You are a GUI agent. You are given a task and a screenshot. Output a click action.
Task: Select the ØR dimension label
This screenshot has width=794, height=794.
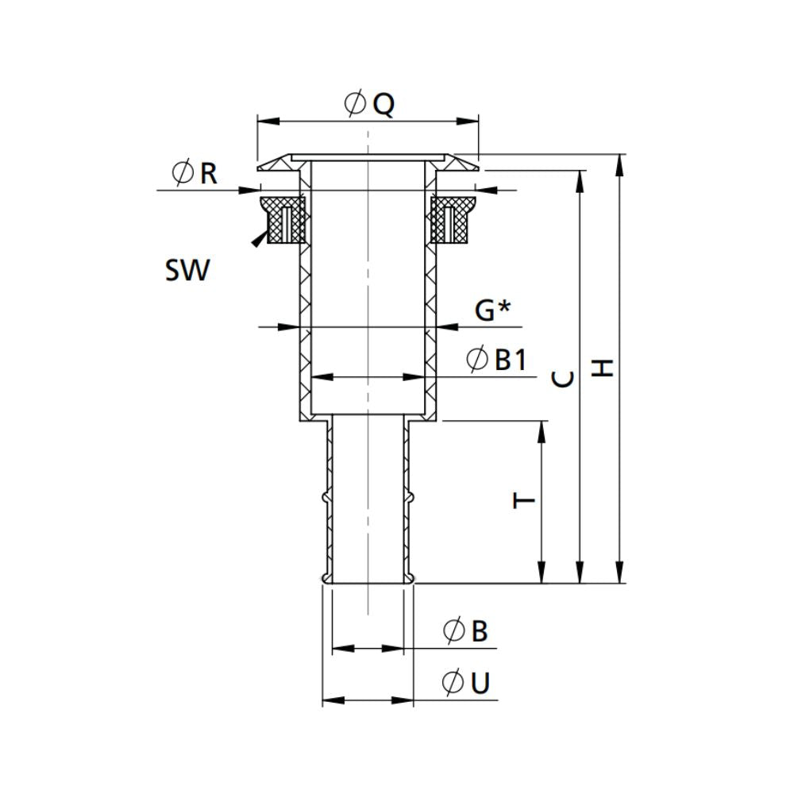tap(195, 172)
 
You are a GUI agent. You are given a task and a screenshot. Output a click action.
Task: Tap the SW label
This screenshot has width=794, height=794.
tap(187, 271)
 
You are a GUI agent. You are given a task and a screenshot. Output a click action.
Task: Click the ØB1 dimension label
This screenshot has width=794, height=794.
tap(497, 360)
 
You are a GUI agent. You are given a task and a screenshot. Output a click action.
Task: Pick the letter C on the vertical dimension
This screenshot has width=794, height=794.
tap(562, 380)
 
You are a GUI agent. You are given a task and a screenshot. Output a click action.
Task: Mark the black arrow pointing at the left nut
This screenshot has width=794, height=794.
tap(257, 240)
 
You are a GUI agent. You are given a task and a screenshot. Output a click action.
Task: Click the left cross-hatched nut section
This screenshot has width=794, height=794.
tap(284, 220)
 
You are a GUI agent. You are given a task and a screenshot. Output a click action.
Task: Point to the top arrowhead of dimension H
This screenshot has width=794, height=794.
tap(620, 161)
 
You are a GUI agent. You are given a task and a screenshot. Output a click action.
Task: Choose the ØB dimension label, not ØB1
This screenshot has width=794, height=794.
tap(466, 632)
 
